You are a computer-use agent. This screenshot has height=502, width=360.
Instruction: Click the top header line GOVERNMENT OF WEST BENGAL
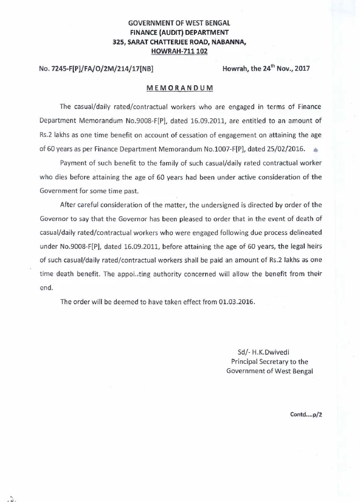pos(179,24)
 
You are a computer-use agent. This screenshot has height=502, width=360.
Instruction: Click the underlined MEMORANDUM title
pos(179,88)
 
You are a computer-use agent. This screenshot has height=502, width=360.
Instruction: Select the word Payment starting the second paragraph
pos(74,163)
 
